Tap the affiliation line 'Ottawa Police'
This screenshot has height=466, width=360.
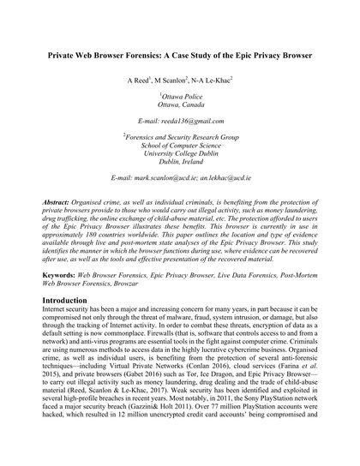point(180,111)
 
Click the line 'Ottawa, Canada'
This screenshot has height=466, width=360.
point(180,120)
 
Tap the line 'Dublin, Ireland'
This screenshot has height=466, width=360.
point(180,195)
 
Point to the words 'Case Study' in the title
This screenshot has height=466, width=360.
point(219,64)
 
